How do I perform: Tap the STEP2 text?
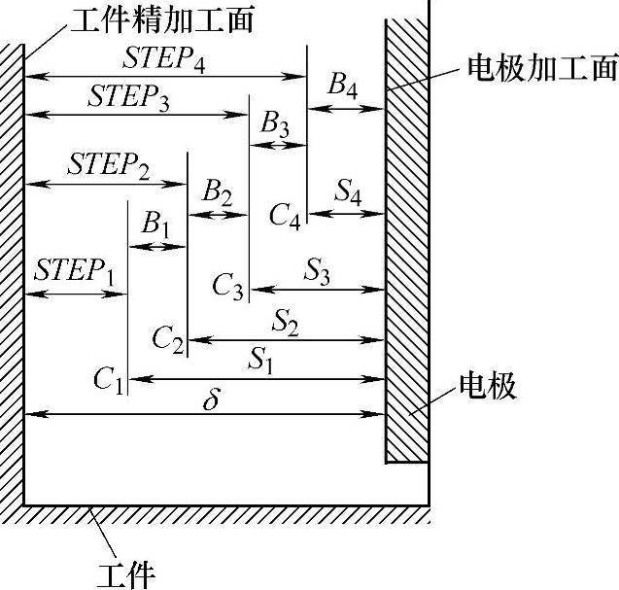[x=109, y=166]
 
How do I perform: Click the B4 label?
[x=342, y=87]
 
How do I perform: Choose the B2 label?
[x=217, y=192]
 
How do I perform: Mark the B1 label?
[x=155, y=226]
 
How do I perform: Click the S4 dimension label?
[x=348, y=192]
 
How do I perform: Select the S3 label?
[x=317, y=273]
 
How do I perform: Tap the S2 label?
[x=286, y=320]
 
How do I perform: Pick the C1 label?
[x=109, y=379]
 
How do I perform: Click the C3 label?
[x=228, y=286]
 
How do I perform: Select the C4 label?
[x=286, y=213]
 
